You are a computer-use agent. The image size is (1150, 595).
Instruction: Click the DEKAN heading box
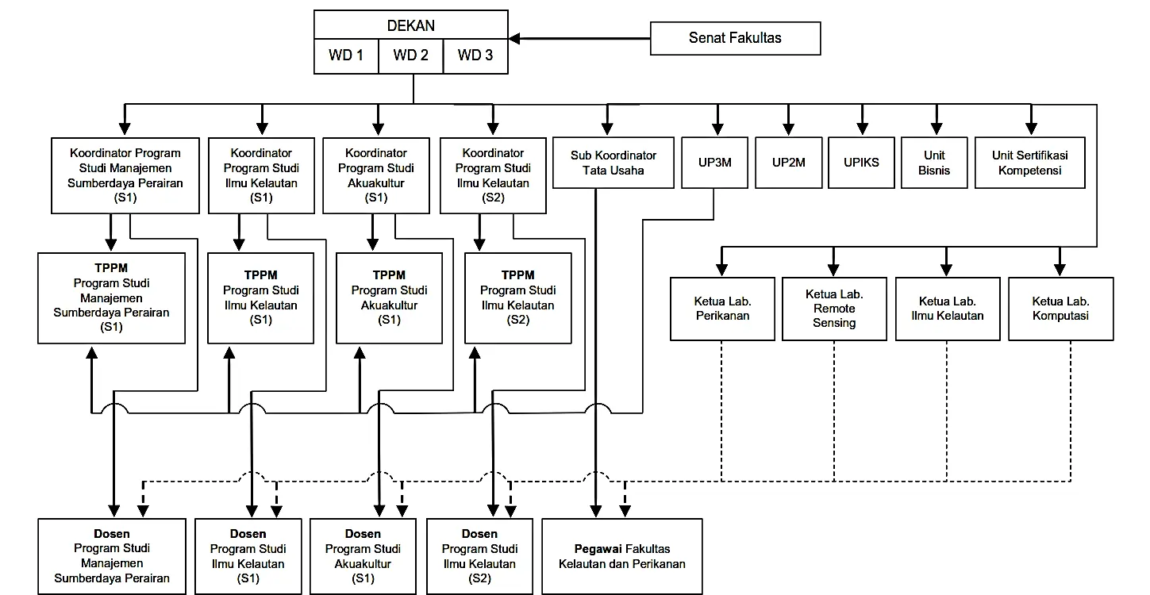410,25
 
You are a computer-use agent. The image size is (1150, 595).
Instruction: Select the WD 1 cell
346,56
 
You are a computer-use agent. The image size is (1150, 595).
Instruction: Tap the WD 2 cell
410,56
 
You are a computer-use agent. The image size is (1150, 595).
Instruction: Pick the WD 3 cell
475,56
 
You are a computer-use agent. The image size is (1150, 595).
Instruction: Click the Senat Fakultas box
735,38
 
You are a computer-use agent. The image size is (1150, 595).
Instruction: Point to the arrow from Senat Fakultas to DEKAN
579,38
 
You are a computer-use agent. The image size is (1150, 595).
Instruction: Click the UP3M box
717,163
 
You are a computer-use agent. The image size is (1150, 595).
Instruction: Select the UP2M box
788,163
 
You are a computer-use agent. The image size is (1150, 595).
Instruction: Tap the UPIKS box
861,163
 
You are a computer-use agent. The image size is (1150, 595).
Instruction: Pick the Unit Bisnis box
934,163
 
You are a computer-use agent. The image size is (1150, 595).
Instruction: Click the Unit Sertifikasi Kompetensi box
1029,163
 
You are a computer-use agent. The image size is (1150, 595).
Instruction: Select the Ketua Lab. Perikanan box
722,309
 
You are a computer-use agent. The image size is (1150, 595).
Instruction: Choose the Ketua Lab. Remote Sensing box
834,309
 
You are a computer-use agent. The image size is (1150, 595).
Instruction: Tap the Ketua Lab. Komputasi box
1060,309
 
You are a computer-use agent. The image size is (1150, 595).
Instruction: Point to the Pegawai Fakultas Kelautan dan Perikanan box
622,556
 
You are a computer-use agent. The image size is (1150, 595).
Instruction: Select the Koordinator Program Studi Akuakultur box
376,175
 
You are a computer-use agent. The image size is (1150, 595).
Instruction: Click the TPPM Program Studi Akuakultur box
389,298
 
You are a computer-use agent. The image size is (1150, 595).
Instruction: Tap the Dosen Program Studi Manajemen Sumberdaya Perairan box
112,556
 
